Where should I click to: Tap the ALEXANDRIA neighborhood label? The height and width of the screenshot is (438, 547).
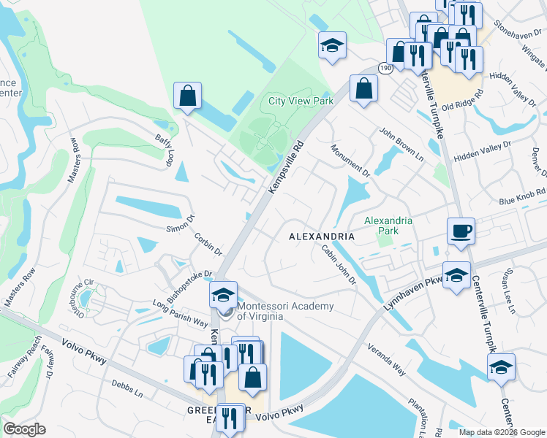322,237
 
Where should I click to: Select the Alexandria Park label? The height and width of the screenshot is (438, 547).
388,226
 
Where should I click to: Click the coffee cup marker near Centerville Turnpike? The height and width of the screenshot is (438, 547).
461,231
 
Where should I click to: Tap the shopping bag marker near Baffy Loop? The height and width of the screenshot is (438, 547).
187,96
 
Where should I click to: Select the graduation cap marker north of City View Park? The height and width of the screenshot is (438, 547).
332,45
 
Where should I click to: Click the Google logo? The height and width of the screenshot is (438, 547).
24,429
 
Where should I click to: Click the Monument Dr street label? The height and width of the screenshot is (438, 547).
350,161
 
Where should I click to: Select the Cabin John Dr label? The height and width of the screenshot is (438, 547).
338,264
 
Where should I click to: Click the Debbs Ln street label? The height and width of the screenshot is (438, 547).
127,386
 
